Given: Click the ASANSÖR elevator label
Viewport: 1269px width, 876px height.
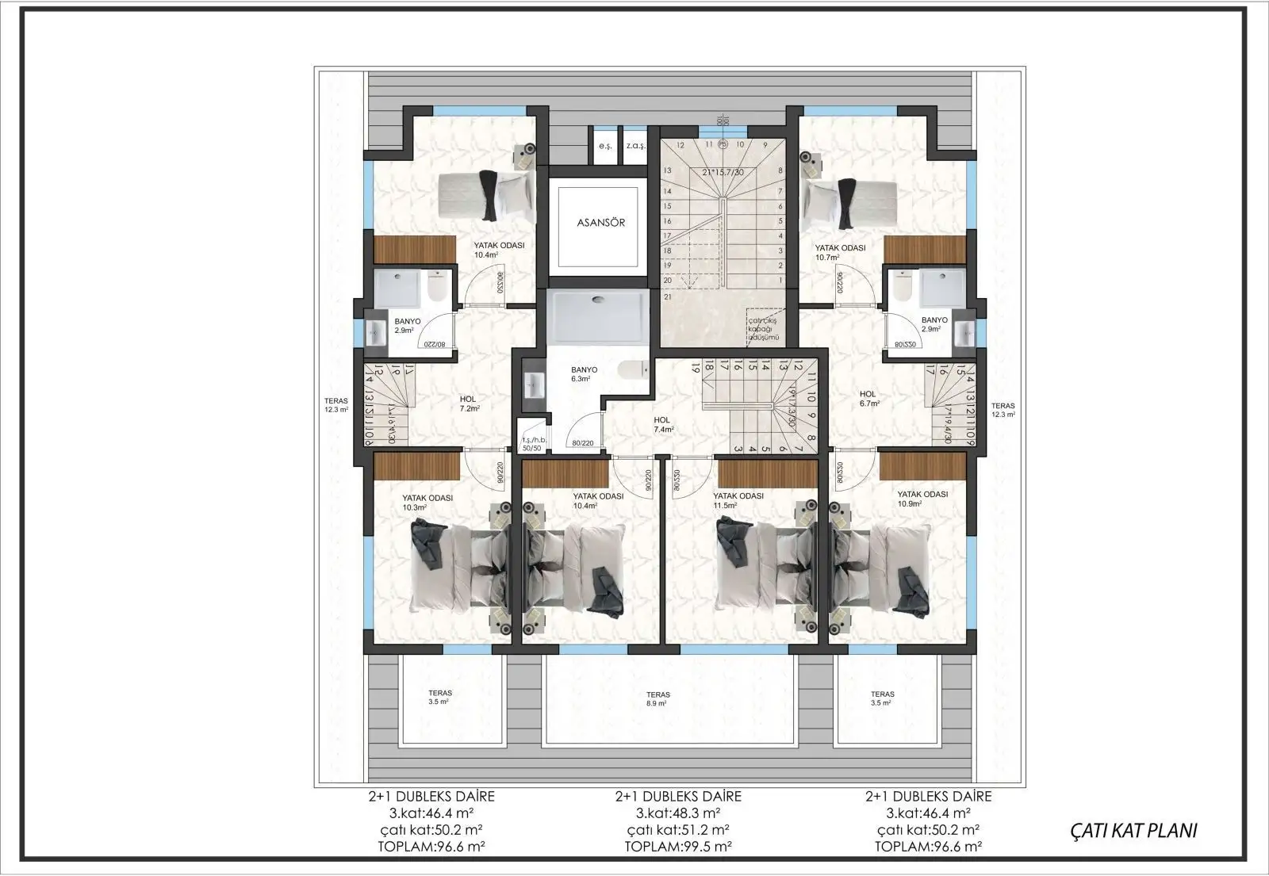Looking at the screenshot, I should tap(600, 222).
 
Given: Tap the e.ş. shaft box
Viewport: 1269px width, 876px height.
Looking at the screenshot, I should tap(605, 146).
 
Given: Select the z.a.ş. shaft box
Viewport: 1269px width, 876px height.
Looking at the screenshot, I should tap(634, 146).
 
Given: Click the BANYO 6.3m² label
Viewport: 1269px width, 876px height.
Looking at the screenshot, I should tap(584, 374).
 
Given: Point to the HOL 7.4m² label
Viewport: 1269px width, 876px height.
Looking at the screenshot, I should tap(662, 425).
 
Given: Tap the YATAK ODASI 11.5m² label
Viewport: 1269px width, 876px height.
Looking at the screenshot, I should tap(738, 500).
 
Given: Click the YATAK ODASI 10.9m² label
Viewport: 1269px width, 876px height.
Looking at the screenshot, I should tap(922, 499).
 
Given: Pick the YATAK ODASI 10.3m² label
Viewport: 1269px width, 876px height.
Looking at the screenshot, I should tap(427, 503).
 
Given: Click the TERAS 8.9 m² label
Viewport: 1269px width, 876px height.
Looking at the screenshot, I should tap(657, 698).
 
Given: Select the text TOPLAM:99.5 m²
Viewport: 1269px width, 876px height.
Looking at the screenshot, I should tap(678, 846).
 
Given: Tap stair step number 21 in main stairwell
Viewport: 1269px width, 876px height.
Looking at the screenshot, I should tap(668, 296).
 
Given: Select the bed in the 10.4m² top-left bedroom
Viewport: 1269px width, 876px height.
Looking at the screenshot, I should tap(485, 197).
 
